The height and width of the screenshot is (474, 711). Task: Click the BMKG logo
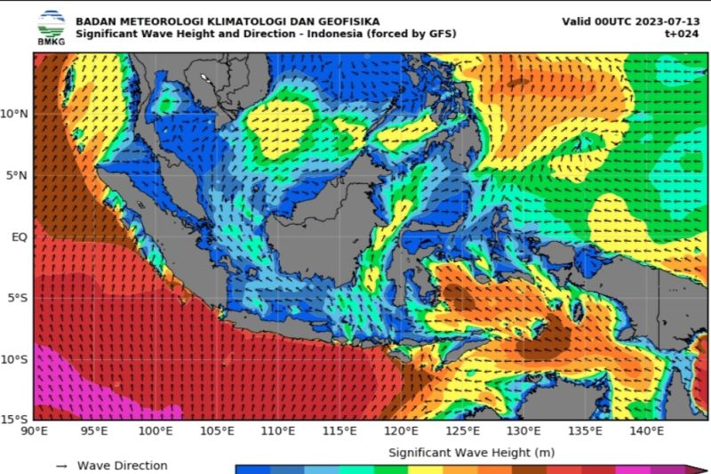(51, 27)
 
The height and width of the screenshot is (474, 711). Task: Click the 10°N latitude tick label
(14, 114)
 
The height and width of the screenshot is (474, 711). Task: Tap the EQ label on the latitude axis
(19, 237)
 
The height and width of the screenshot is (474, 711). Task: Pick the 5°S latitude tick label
(17, 298)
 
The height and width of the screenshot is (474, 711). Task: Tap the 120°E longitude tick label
(402, 431)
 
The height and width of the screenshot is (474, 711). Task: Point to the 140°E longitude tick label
(647, 431)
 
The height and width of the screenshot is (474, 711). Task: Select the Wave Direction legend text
(122, 465)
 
